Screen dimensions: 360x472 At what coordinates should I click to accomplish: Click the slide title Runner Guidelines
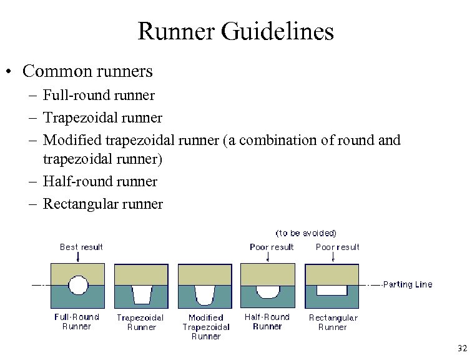(235, 31)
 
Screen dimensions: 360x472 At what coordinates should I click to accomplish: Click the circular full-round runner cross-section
(78, 286)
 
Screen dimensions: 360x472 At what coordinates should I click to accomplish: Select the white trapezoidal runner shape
(142, 294)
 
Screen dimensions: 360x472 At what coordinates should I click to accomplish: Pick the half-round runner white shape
(268, 292)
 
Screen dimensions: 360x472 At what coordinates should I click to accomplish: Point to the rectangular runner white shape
(332, 291)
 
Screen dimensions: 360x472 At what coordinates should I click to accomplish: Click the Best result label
(81, 247)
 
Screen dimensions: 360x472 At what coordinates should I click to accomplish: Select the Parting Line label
(407, 284)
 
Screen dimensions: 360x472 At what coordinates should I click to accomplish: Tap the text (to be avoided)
(306, 233)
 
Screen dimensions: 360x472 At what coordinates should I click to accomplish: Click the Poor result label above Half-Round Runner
(272, 247)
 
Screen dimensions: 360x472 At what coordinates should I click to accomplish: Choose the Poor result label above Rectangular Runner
(338, 247)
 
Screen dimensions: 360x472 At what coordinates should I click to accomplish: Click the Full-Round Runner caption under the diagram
(77, 321)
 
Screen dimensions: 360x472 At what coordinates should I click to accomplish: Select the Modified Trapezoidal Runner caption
(206, 327)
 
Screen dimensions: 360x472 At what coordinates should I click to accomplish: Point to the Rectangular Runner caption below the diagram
(333, 322)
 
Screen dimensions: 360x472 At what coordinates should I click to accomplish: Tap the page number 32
(461, 348)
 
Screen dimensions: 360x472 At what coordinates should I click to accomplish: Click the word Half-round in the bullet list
(67, 181)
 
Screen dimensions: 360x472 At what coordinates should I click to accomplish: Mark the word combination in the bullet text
(270, 140)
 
